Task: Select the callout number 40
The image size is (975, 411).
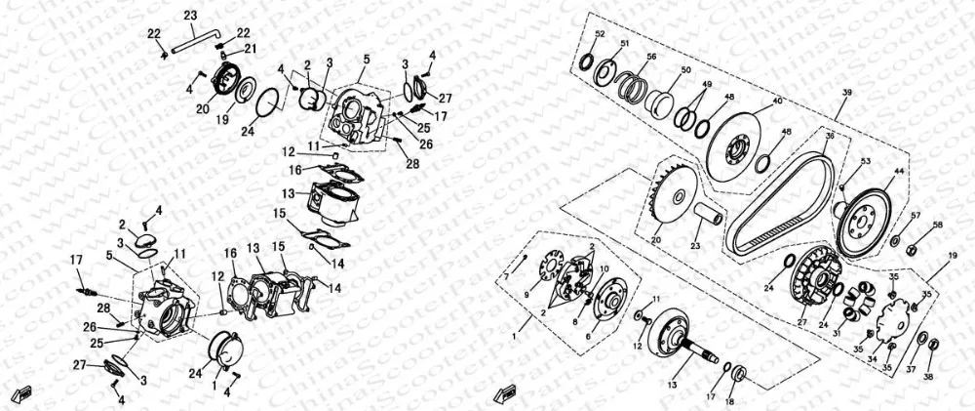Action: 777,101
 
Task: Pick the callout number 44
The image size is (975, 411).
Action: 898,172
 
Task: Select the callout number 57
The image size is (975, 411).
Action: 916,216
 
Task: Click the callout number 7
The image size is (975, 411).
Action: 505,276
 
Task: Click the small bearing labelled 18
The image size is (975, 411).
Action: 738,375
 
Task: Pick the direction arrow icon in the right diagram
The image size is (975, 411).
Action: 503,394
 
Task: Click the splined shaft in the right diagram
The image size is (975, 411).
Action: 701,346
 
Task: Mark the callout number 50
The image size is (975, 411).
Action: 685,70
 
